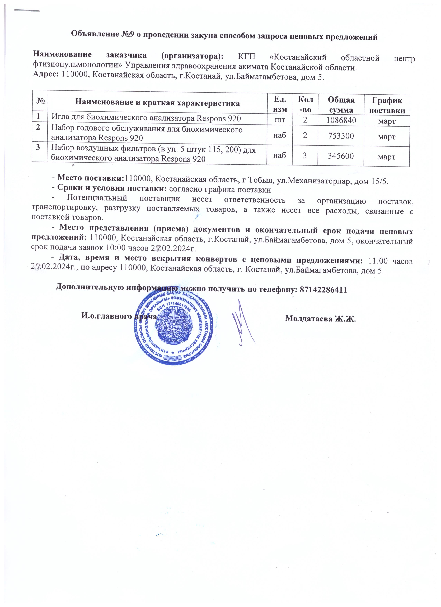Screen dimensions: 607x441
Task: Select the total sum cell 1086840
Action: click(341, 120)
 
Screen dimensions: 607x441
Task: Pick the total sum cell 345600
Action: click(341, 156)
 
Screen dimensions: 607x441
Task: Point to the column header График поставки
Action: click(387, 105)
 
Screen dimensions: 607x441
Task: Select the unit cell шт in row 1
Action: click(279, 120)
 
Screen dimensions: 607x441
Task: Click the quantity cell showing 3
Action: click(305, 155)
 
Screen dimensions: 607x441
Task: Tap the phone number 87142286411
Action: click(324, 290)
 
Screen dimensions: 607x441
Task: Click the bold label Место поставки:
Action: click(91, 177)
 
